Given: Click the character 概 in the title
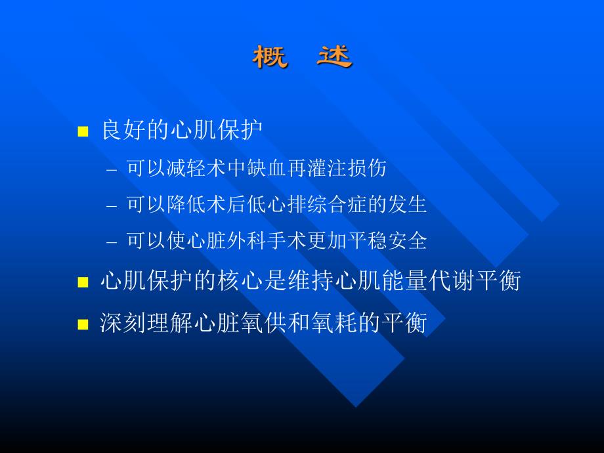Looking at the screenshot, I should point(270,57).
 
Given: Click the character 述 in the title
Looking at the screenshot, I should point(334,57).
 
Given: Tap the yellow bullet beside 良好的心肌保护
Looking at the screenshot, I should point(83,131).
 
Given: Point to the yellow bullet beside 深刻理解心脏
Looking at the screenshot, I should point(83,324).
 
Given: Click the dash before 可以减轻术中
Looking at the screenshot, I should point(112,169).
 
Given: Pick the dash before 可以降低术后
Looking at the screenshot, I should point(112,205).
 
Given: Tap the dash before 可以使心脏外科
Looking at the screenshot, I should point(112,242).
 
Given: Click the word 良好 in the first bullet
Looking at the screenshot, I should point(122,129).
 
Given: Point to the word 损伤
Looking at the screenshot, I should point(369,168).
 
